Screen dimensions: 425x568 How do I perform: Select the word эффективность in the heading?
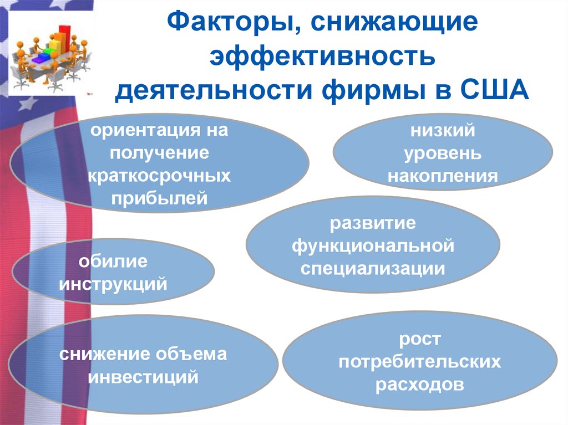pyautogui.click(x=322, y=57)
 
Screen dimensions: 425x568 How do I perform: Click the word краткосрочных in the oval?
pyautogui.click(x=159, y=176)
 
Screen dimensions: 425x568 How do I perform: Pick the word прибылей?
pyautogui.click(x=159, y=198)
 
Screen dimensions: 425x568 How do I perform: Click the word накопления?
pyautogui.click(x=443, y=176)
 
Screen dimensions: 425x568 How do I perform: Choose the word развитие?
pyautogui.click(x=373, y=224)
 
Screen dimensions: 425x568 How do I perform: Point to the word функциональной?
pyautogui.click(x=373, y=246)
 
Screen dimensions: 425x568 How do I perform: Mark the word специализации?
pyautogui.click(x=373, y=269)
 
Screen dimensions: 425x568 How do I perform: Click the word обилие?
pyautogui.click(x=113, y=262)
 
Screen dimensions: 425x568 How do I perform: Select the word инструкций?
pyautogui.click(x=113, y=284)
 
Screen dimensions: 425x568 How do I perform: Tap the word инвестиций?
pyautogui.click(x=144, y=377)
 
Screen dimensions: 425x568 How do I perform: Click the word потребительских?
pyautogui.click(x=420, y=362)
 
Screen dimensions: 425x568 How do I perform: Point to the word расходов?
pyautogui.click(x=420, y=385)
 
